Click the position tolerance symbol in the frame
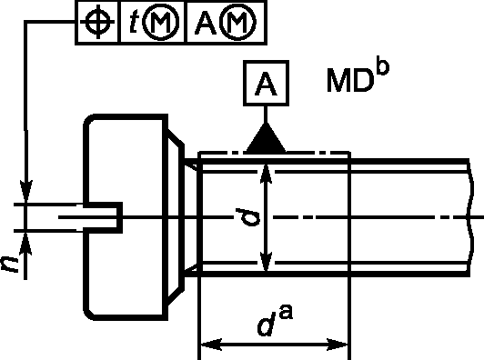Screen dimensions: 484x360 pyautogui.click(x=97, y=22)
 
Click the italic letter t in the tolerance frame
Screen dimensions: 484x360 pyautogui.click(x=134, y=23)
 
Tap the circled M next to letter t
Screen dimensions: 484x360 pyautogui.click(x=160, y=22)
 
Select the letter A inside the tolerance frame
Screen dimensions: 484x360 pyautogui.click(x=206, y=23)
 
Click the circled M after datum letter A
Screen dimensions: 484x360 pyautogui.click(x=237, y=22)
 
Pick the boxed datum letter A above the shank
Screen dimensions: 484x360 pyautogui.click(x=266, y=84)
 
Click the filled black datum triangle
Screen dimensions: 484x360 pyautogui.click(x=266, y=139)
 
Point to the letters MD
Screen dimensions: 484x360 pyautogui.click(x=348, y=81)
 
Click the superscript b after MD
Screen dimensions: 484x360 pyautogui.click(x=383, y=67)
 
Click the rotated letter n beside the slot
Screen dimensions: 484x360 pyautogui.click(x=10, y=265)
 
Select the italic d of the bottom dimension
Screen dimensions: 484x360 pyautogui.click(x=266, y=324)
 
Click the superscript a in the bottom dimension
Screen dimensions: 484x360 pyautogui.click(x=286, y=313)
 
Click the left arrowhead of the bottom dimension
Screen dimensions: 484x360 pyautogui.click(x=211, y=345)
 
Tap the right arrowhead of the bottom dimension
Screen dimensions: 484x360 pyautogui.click(x=338, y=345)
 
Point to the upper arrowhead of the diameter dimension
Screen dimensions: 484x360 pyautogui.click(x=266, y=175)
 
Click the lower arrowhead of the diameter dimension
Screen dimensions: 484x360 pyautogui.click(x=266, y=262)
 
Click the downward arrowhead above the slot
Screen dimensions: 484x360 pyautogui.click(x=26, y=192)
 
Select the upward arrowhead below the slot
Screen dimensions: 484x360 pyautogui.click(x=26, y=243)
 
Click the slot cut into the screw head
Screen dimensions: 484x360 pyautogui.click(x=103, y=217)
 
